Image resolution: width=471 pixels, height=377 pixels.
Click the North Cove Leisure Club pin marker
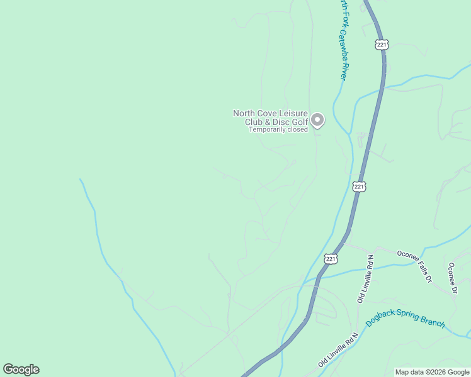tap(317, 119)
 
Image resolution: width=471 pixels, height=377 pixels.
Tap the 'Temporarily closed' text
tap(278, 130)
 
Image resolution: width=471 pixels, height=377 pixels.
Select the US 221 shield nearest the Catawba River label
tap(382, 45)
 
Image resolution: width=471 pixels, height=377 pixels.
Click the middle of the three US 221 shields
tap(358, 187)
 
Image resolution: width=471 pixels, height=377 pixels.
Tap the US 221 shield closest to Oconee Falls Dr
tap(331, 259)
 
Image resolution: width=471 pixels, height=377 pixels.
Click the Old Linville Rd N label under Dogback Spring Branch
tap(338, 351)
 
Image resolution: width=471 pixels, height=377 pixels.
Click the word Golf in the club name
tap(300, 122)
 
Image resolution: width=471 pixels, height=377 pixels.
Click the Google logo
tap(21, 369)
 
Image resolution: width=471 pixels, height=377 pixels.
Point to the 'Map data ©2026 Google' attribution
tap(432, 372)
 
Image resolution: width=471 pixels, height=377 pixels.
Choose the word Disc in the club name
tap(280, 122)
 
